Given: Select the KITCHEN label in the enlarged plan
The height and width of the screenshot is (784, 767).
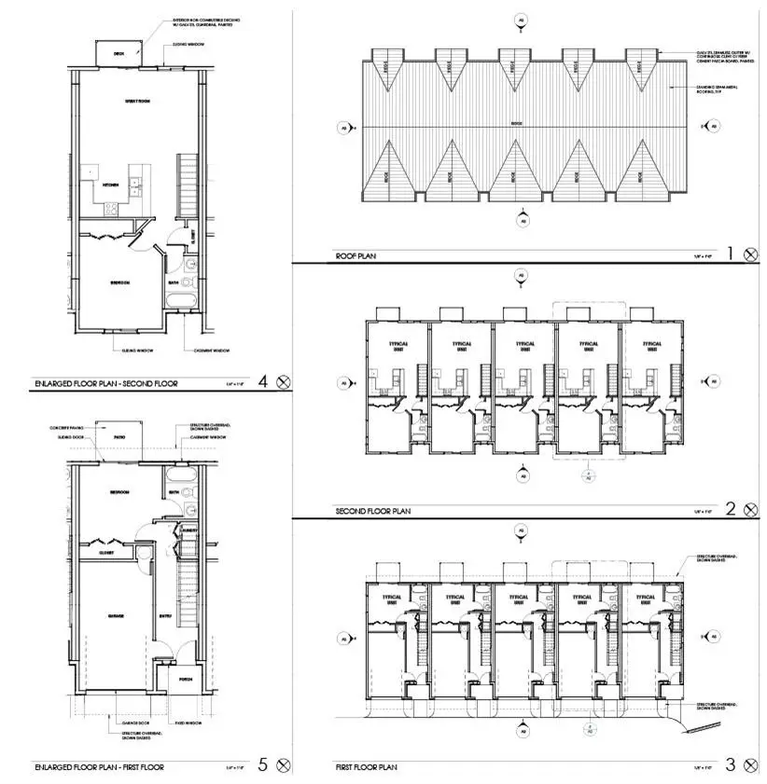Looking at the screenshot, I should (x=110, y=185).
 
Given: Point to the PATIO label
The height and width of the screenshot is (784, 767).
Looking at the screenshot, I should (x=119, y=436).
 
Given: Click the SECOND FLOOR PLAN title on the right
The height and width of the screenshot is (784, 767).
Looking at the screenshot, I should (x=372, y=511).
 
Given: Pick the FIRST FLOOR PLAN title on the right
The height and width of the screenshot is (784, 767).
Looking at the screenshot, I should (x=367, y=767).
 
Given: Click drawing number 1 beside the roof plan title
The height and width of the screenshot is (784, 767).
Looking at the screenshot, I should (x=731, y=253).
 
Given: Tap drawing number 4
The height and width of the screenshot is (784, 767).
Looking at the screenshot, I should (x=263, y=380).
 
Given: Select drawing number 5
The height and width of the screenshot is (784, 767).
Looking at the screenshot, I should (x=263, y=765).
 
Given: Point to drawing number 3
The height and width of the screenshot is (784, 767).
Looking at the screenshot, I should (x=731, y=766).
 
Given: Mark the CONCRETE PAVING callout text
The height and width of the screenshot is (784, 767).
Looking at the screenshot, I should (x=68, y=427).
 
